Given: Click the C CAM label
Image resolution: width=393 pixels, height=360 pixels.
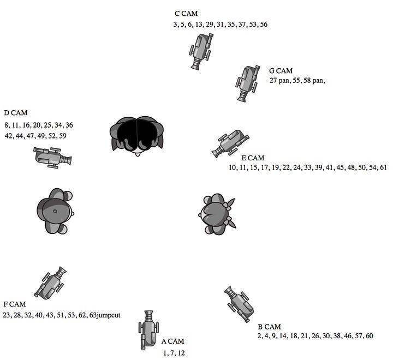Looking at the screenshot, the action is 186,13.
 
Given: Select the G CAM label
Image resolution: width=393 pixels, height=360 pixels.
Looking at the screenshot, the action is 281,71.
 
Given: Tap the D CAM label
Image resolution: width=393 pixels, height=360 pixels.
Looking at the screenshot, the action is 16,113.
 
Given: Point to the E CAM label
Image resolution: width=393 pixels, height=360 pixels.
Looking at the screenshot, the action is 253,158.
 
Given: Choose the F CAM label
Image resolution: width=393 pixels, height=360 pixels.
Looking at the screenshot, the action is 15,304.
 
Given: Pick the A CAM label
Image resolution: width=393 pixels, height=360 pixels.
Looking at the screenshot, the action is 172,341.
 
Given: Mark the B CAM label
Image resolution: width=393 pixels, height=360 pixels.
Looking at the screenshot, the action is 270,327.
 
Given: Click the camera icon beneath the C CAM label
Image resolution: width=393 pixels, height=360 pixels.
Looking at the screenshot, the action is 201,51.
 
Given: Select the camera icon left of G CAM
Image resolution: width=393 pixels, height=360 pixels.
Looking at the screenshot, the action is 247,83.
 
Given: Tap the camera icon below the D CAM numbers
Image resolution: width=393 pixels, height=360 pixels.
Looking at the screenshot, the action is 52,157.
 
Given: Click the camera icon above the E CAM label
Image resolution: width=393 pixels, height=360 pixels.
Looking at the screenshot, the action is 230,143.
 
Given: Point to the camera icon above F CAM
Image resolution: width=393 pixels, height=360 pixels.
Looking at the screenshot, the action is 50,283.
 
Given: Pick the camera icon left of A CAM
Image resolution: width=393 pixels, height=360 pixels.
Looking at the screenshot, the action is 148,329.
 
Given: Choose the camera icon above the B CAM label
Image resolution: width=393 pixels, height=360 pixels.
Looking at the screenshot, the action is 239,304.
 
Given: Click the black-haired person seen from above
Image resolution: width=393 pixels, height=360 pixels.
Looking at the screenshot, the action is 136,136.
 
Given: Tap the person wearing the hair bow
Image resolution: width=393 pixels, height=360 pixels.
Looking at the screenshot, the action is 217,214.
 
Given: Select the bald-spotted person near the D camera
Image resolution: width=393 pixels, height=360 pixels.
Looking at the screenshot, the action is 55,211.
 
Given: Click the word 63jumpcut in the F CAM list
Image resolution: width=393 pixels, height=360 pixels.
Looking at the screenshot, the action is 105,315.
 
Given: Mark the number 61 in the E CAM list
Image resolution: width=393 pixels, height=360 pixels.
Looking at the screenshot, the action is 384,167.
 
